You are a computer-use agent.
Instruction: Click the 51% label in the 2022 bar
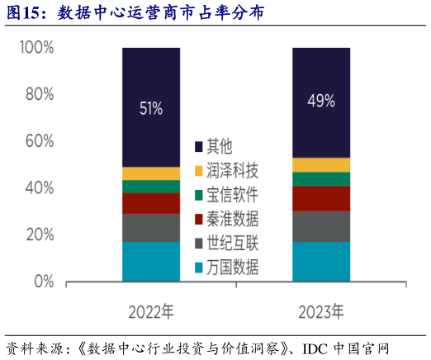[x=150, y=108]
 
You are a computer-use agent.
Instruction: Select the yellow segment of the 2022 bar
[x=150, y=173]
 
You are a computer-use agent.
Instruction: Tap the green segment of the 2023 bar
[x=321, y=179]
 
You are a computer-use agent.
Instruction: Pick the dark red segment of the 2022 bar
[x=150, y=203]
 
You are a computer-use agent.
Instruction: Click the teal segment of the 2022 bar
[x=150, y=261]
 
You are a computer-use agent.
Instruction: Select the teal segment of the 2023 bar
[x=321, y=261]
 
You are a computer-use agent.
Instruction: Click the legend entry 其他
[x=220, y=148]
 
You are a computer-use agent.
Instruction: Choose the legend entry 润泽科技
[x=233, y=172]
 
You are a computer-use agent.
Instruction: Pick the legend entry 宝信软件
[x=233, y=196]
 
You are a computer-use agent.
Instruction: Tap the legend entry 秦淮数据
[x=233, y=220]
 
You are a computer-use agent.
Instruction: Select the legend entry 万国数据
[x=233, y=268]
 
